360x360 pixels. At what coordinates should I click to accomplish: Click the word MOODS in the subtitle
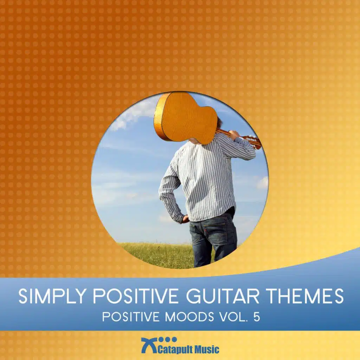coord(189,317)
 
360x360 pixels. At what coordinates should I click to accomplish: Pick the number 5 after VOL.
coord(257,317)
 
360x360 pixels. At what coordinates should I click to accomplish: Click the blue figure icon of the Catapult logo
coord(149,345)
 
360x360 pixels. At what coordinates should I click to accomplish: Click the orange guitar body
coord(186,117)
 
